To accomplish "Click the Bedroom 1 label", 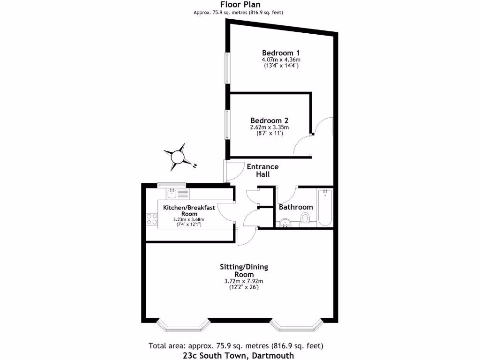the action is [x=281, y=52].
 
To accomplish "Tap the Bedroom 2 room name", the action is [x=269, y=120].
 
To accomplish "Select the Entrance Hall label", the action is [x=262, y=170].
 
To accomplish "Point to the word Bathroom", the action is [x=296, y=207].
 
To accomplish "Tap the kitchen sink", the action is [x=172, y=194].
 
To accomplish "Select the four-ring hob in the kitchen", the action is [x=152, y=219].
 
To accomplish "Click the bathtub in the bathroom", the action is [x=325, y=208].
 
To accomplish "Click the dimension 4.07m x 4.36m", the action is [x=281, y=60].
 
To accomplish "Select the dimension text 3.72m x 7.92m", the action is [x=244, y=281].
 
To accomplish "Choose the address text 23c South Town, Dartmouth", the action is [x=239, y=355].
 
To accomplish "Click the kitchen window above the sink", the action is [x=171, y=184].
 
